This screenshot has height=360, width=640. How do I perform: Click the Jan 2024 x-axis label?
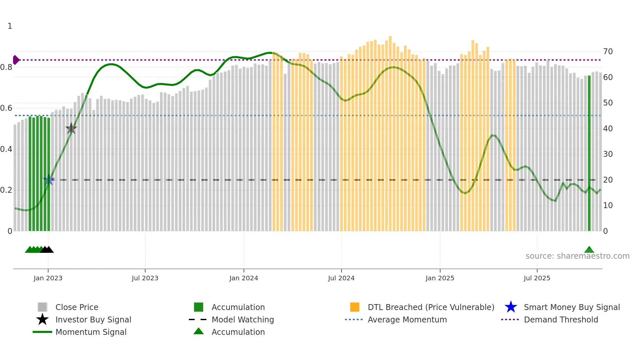point(244,278)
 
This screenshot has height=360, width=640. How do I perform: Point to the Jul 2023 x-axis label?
point(145,278)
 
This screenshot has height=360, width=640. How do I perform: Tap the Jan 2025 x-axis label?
point(440,278)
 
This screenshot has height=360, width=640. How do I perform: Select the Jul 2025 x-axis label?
point(537,278)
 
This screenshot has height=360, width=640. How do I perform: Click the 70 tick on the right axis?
point(608,52)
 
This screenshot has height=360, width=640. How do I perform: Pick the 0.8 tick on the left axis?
point(6,67)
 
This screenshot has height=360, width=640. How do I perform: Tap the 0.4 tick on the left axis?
point(6,149)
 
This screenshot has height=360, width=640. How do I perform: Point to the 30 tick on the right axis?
point(608,154)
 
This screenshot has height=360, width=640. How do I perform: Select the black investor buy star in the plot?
point(71,129)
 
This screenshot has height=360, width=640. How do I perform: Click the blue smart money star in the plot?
point(49,180)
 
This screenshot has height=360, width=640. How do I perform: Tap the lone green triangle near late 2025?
point(589,250)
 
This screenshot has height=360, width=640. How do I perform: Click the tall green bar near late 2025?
point(589,154)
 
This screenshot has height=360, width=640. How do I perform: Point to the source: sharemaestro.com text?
point(577,256)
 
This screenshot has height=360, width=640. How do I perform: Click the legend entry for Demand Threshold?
point(561,319)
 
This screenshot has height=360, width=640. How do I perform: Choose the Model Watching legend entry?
point(243,319)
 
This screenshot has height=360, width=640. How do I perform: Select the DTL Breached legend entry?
point(431,307)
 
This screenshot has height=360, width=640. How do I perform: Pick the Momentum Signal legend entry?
point(91,332)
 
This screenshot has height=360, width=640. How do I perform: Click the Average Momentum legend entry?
point(407,319)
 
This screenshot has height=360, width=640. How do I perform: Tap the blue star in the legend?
point(511,307)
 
